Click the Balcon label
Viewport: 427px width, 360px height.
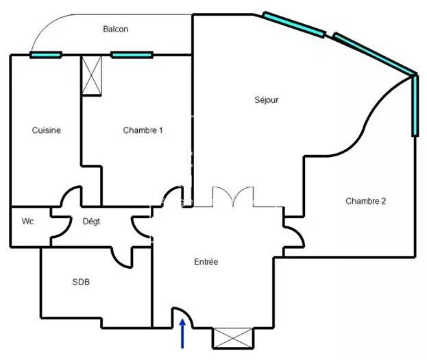click(x=115, y=29)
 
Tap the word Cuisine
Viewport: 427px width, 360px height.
click(x=47, y=130)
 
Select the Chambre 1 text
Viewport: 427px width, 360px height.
click(x=143, y=130)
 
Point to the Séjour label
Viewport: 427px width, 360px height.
click(x=266, y=100)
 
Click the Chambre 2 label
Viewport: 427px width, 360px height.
click(x=365, y=201)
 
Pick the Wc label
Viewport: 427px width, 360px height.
click(x=28, y=221)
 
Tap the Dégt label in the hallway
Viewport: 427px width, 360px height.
click(x=92, y=221)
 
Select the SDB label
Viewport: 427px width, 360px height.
click(x=81, y=282)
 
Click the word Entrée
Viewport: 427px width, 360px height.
click(x=206, y=262)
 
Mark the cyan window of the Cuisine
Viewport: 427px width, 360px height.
click(x=46, y=55)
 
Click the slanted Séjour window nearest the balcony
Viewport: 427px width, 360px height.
click(x=293, y=24)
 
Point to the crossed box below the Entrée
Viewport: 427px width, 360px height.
click(x=232, y=338)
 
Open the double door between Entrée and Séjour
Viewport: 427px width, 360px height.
click(x=226, y=197)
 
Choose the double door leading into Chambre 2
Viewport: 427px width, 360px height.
click(x=293, y=232)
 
